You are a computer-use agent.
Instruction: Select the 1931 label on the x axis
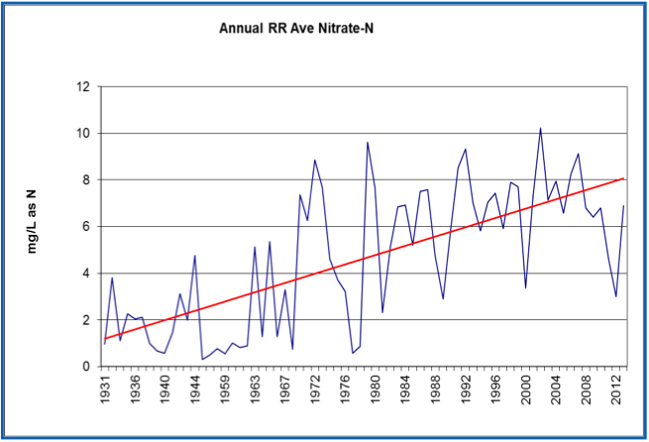105,387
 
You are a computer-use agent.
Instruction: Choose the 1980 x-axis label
375,387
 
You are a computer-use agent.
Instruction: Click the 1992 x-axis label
465,387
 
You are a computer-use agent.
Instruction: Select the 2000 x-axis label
525,387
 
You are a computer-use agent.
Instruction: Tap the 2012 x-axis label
615,387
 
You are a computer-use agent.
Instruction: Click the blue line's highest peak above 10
540,128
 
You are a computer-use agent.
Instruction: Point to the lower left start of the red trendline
104,339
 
